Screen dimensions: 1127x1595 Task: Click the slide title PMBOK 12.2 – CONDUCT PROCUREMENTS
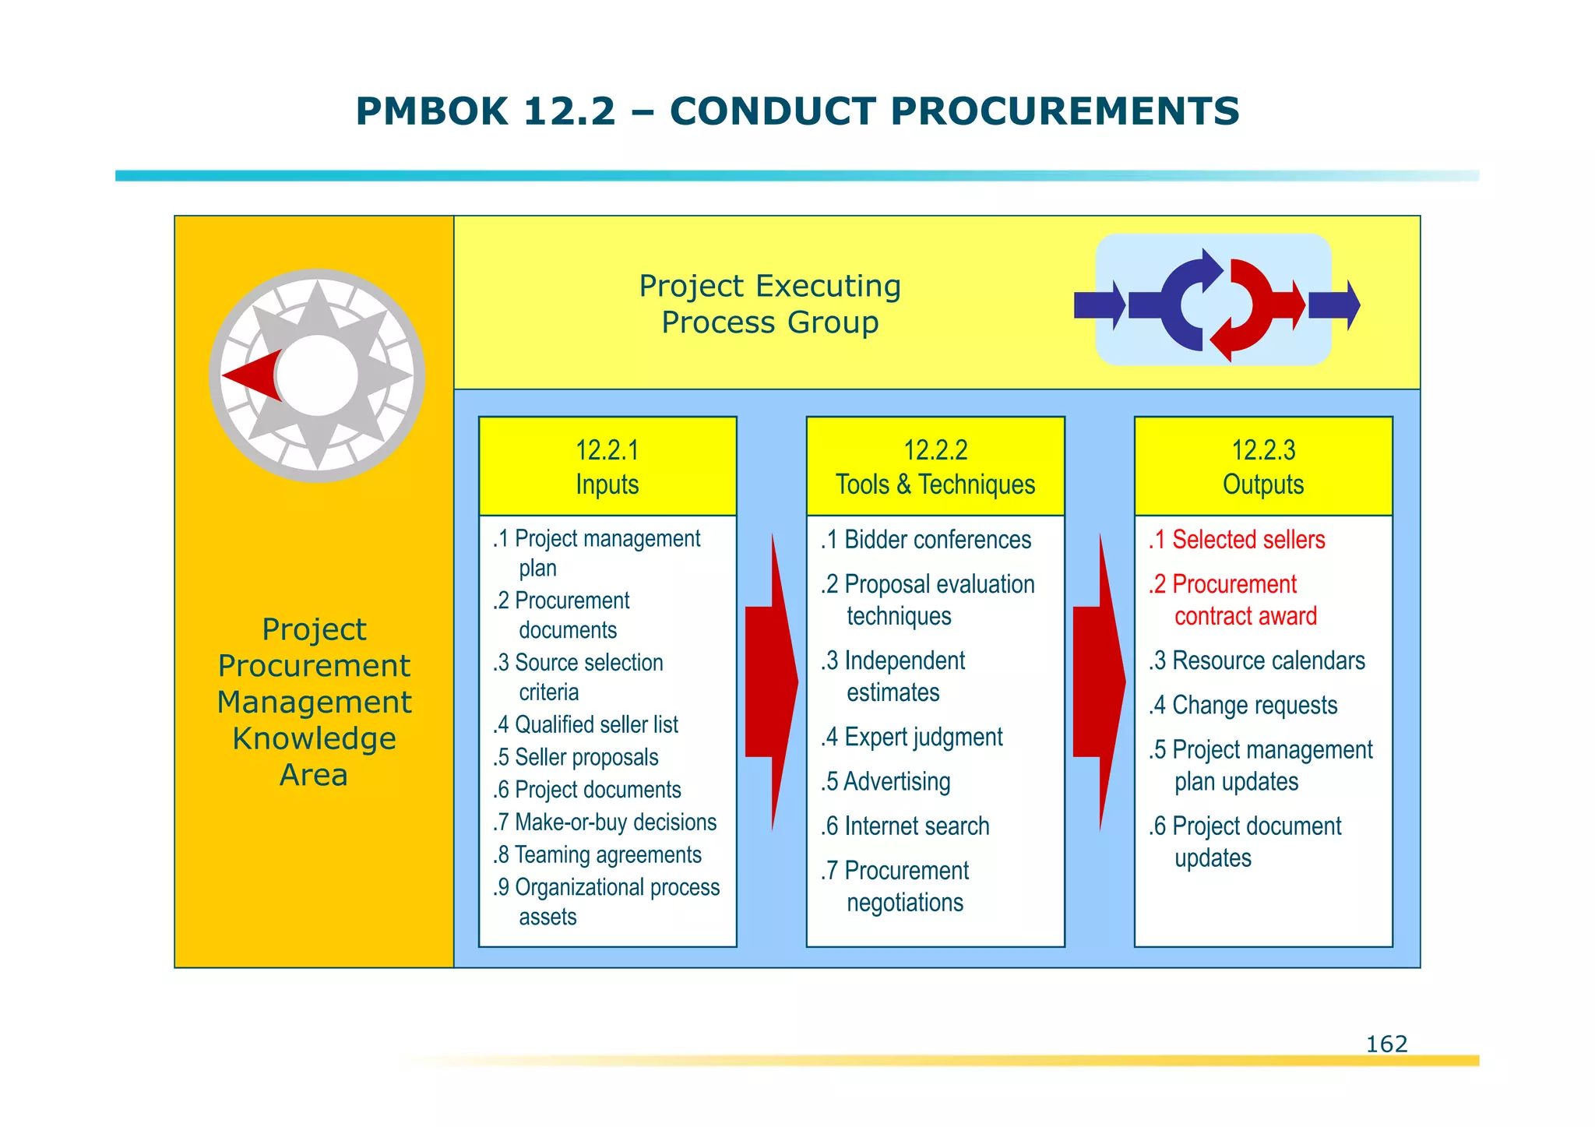coord(797,111)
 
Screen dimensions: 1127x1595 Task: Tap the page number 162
coord(1386,1044)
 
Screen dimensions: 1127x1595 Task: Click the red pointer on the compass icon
coord(253,376)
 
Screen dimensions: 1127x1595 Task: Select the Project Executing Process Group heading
coord(769,304)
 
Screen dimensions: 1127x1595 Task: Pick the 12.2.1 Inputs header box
coord(607,467)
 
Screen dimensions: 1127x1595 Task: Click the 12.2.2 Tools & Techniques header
coord(935,467)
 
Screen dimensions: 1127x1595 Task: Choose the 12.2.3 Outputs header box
coord(1263,467)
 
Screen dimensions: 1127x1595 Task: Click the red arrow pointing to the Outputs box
coord(1099,681)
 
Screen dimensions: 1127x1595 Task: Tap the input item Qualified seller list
coord(586,725)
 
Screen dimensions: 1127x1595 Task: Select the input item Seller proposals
coord(576,758)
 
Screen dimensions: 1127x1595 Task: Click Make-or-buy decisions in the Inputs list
coord(604,822)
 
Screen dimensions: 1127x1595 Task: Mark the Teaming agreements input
coord(597,855)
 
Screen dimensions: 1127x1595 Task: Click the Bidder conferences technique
coord(926,540)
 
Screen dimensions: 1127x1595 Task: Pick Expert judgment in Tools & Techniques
coord(912,737)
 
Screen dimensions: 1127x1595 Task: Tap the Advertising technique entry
coord(886,781)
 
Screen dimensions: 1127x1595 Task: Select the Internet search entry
coord(905,826)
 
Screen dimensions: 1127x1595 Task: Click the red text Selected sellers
coord(1237,540)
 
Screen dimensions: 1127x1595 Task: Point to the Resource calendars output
coord(1257,660)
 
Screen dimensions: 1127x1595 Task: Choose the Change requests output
coord(1243,705)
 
